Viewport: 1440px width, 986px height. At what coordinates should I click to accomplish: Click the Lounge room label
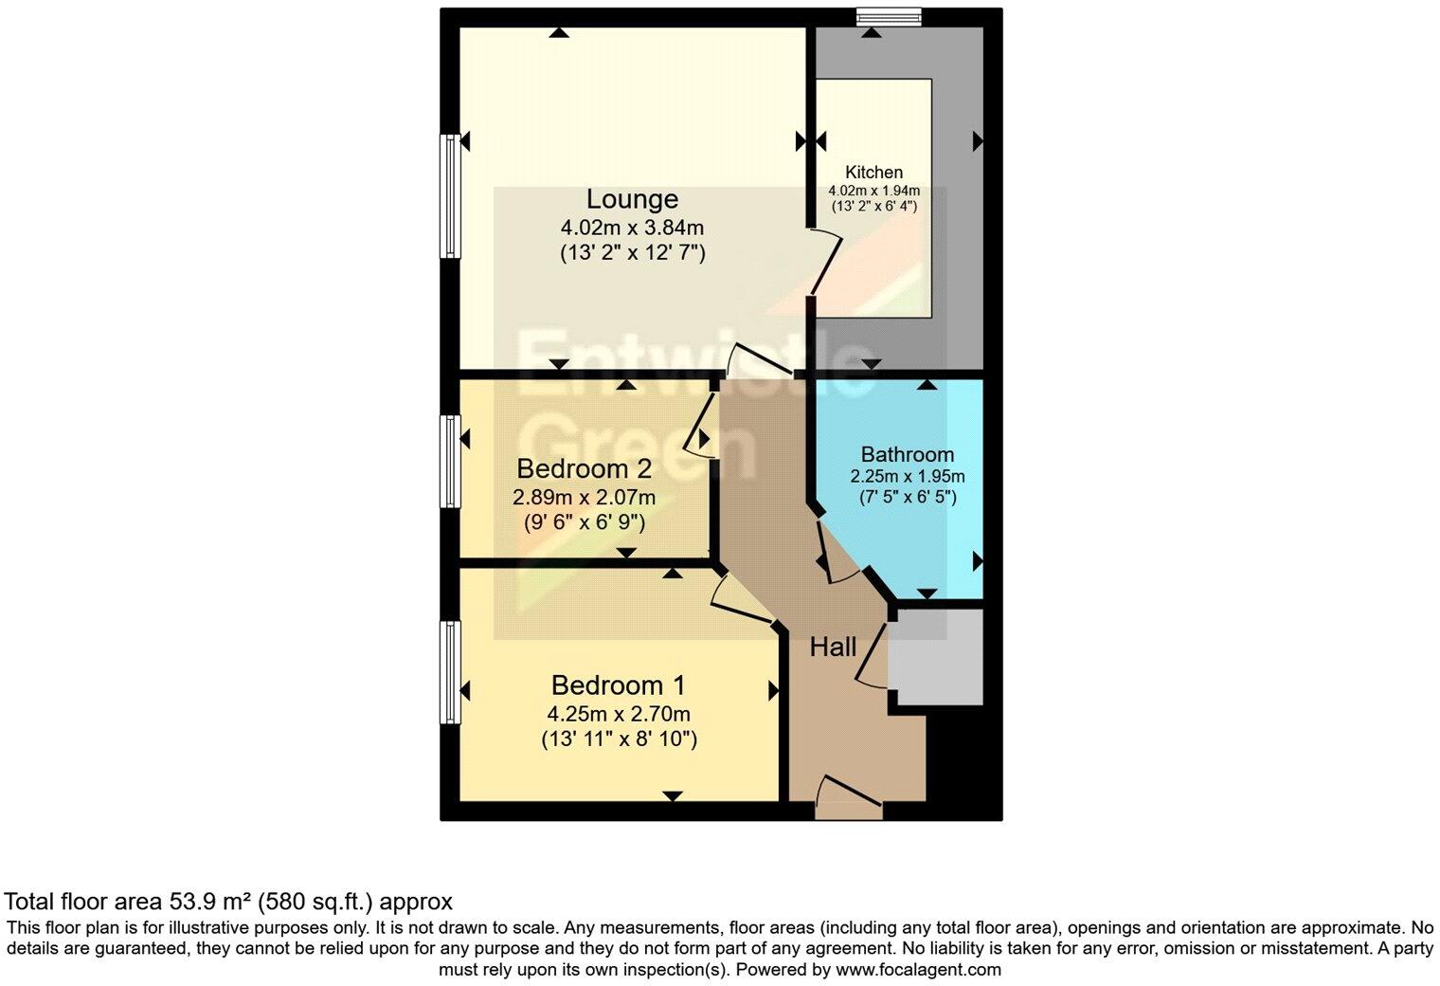[x=632, y=199]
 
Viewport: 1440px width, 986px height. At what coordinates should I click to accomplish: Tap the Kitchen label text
[x=873, y=173]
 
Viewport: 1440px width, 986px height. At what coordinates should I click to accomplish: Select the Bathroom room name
[x=907, y=454]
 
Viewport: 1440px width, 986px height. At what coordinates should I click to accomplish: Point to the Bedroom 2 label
[x=584, y=468]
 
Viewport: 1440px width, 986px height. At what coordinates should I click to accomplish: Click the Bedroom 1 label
[x=618, y=685]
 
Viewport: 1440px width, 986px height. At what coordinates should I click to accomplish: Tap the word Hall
[x=833, y=648]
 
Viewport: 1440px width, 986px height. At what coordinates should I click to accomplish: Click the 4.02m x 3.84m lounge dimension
[x=632, y=228]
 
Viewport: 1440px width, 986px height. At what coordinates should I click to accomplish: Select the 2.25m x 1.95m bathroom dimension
[x=907, y=477]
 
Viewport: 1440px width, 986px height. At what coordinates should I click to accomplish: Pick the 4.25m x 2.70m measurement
[x=618, y=714]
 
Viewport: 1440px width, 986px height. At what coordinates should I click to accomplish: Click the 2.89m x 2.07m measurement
[x=584, y=497]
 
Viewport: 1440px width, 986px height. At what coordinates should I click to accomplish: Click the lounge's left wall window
[x=449, y=195]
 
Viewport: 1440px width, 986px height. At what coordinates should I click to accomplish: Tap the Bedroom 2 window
[x=449, y=461]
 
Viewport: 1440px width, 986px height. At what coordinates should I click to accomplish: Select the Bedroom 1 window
[x=449, y=672]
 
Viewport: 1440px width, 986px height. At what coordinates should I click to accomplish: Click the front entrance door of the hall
[x=848, y=801]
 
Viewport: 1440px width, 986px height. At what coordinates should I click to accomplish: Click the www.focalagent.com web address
[x=916, y=970]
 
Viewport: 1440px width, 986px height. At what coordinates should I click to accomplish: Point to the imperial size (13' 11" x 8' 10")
[x=618, y=739]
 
